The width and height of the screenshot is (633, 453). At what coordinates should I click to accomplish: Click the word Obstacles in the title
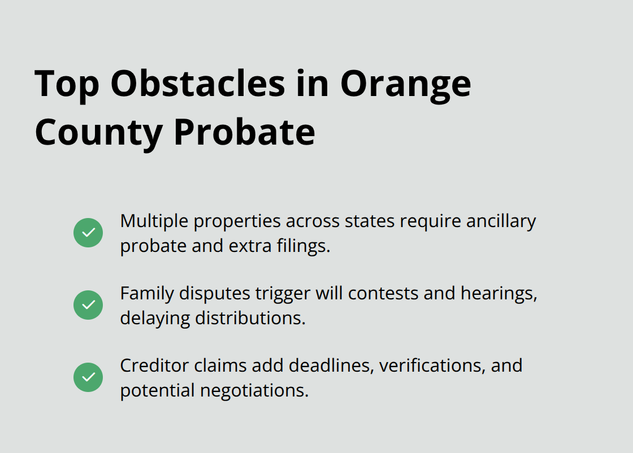point(198,84)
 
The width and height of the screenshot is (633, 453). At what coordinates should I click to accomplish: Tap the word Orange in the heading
point(405,84)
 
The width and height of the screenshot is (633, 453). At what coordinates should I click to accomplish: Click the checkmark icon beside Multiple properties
point(88,233)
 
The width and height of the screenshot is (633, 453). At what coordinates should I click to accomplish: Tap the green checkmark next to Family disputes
point(88,305)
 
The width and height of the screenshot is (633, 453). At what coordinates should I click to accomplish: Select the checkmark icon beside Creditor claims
point(88,377)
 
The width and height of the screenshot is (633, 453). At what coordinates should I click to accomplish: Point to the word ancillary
point(501,221)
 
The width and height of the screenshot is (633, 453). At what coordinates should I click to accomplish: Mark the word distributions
point(250,318)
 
